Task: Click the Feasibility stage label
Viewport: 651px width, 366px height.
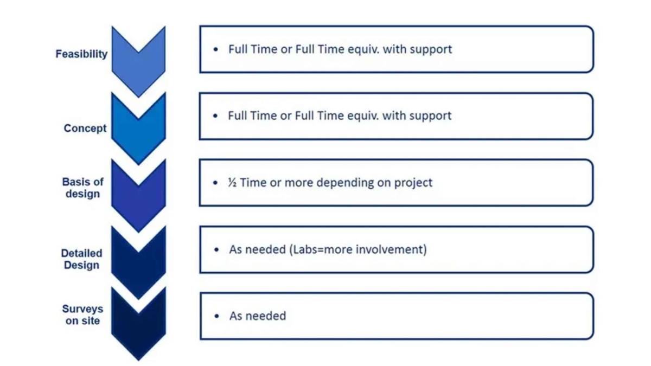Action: [x=81, y=54]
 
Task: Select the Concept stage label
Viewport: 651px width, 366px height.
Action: [x=85, y=129]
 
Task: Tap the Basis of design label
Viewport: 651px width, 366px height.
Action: [x=82, y=188]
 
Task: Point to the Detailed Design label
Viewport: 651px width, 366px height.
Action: [x=81, y=259]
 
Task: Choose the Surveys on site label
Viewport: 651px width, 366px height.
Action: [x=82, y=314]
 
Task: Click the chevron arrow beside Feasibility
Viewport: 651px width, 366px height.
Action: [x=138, y=68]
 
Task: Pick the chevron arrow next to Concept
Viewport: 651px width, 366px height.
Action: [x=138, y=133]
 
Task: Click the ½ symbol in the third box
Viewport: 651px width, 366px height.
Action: [x=232, y=183]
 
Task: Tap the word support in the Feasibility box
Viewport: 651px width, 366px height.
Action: [x=431, y=49]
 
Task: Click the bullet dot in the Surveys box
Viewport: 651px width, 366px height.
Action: [x=218, y=316]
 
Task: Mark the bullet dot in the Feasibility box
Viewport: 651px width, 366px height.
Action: [x=216, y=49]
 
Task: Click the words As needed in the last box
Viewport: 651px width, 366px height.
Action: [x=257, y=316]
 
